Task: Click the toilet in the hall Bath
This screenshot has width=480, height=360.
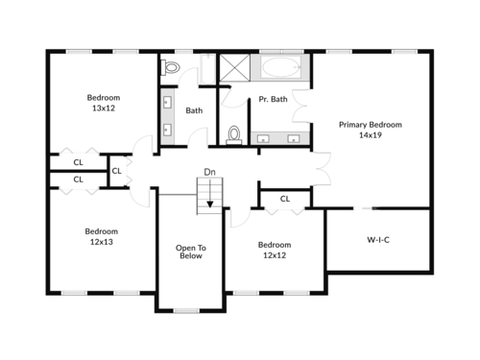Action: pos(170,67)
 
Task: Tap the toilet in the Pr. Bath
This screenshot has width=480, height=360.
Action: pos(234,134)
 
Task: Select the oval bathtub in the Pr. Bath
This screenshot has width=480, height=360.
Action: pos(280,67)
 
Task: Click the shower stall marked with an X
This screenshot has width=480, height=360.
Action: pos(234,67)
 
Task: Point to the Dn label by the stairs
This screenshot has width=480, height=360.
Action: pos(209,172)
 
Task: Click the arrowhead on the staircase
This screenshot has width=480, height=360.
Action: pos(210,204)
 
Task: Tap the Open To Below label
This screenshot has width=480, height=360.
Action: pos(191,252)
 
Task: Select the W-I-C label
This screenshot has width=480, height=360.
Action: pos(378,240)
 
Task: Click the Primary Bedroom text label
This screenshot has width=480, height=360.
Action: pos(371,125)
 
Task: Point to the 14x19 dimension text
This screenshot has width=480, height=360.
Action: pos(371,135)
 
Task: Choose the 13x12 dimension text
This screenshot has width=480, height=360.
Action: pos(104,108)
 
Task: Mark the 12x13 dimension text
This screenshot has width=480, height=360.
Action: pos(102,242)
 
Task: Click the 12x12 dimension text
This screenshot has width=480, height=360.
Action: pos(275,255)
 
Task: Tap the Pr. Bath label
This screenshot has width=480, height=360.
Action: pos(273,99)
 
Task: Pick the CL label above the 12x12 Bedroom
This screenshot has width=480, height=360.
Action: pos(285,199)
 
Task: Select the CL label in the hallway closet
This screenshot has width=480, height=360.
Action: pos(116,171)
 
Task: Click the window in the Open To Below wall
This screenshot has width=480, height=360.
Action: pos(186,310)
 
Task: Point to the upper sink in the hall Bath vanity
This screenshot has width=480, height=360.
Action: pos(167,103)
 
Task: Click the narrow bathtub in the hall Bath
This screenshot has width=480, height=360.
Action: pos(207,69)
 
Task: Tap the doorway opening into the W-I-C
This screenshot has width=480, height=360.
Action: pos(365,208)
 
